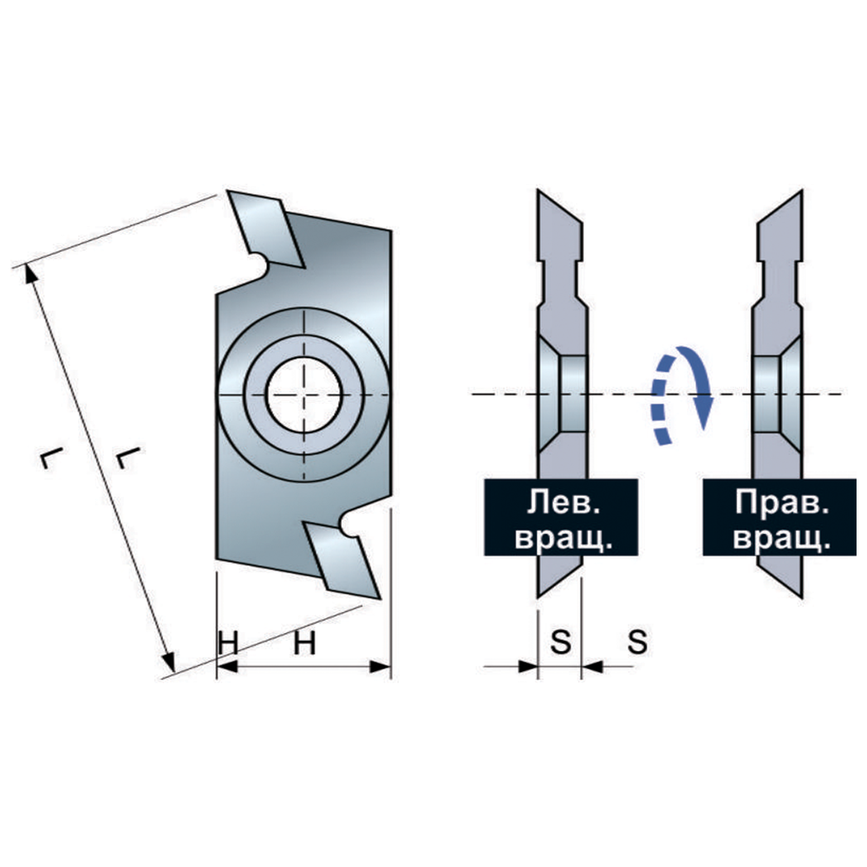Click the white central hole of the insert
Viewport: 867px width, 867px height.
(303, 394)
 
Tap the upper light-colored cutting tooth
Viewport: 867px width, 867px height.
(265, 230)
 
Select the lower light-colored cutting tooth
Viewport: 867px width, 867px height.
(342, 559)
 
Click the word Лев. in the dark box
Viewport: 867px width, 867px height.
(563, 501)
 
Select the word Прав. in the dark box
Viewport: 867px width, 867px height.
(781, 501)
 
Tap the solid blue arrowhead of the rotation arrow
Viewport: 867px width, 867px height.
(703, 412)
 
